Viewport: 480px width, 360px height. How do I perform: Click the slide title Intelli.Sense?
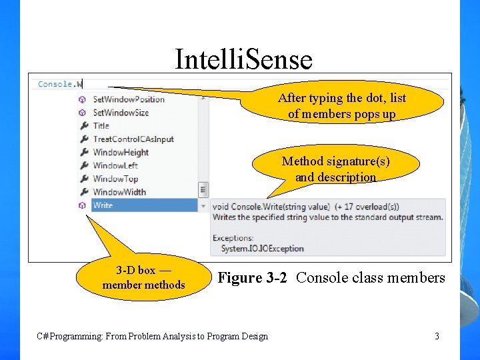[243, 59]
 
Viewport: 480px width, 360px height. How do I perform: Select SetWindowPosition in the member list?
[129, 99]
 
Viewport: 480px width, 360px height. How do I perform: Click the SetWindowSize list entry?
[121, 113]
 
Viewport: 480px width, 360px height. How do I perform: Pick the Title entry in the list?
[101, 125]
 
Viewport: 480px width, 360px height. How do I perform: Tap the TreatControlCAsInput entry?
[133, 139]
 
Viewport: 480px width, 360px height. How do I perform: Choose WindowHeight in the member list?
[121, 152]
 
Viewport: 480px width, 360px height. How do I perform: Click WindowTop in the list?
[115, 179]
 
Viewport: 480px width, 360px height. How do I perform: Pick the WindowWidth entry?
[119, 192]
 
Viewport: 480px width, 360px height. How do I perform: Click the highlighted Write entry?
[103, 205]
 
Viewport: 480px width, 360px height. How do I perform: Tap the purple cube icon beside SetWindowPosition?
[83, 99]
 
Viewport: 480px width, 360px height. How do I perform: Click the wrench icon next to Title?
[83, 125]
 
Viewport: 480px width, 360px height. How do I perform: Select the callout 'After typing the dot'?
[341, 106]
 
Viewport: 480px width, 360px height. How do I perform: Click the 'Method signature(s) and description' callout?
[335, 169]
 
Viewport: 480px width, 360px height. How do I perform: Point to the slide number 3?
[437, 336]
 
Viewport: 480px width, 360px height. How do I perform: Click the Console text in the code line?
[55, 84]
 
